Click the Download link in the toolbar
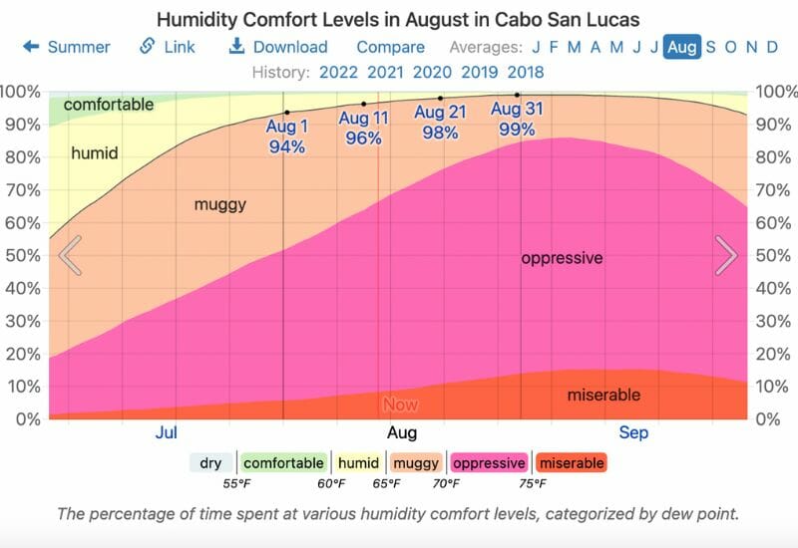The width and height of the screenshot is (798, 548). (x=278, y=47)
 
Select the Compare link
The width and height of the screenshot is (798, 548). (x=390, y=47)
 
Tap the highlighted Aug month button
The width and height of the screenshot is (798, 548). (x=682, y=47)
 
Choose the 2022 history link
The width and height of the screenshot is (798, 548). (x=339, y=72)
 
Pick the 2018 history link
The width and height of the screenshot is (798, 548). (x=526, y=72)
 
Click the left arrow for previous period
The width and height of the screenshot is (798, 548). (x=70, y=255)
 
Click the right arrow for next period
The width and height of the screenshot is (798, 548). (x=726, y=255)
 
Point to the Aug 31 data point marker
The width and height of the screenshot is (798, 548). (x=517, y=95)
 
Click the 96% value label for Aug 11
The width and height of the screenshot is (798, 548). (x=363, y=138)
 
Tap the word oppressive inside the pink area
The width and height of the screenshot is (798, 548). (x=562, y=258)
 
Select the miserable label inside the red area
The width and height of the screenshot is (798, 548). (x=603, y=396)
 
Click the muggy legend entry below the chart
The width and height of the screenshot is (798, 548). (x=416, y=463)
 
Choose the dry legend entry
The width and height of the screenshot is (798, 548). (x=210, y=463)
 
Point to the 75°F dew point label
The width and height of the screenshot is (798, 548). (x=531, y=484)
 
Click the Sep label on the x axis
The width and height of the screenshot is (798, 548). (x=633, y=432)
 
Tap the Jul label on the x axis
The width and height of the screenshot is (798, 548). (x=167, y=432)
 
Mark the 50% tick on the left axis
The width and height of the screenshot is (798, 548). (x=23, y=255)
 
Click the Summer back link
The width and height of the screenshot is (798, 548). (x=67, y=47)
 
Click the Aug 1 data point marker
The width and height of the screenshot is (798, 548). (x=287, y=113)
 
